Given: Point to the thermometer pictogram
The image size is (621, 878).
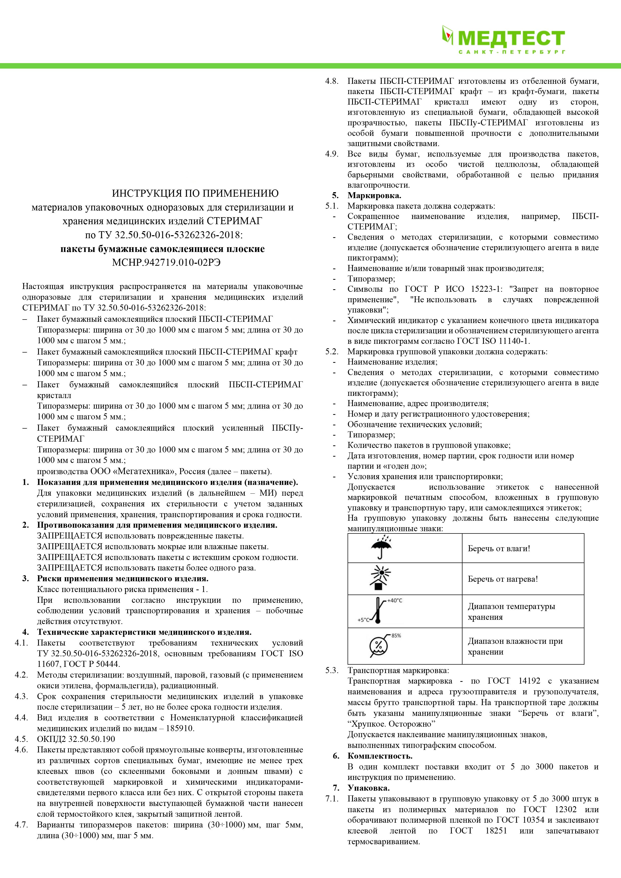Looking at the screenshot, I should (x=378, y=611).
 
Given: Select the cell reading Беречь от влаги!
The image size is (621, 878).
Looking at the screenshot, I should (x=499, y=548).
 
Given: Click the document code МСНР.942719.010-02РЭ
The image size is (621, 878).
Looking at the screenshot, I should (x=163, y=263).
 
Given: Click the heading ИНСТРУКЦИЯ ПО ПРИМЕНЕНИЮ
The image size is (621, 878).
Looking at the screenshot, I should (x=195, y=193).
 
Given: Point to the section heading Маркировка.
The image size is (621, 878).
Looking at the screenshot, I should (x=374, y=196).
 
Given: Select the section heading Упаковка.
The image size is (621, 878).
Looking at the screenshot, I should (x=368, y=788).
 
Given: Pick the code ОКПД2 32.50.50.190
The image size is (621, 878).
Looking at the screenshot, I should (x=76, y=739).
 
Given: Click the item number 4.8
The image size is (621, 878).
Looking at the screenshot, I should (x=331, y=81).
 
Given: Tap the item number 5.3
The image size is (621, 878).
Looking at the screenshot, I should (x=331, y=670).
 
